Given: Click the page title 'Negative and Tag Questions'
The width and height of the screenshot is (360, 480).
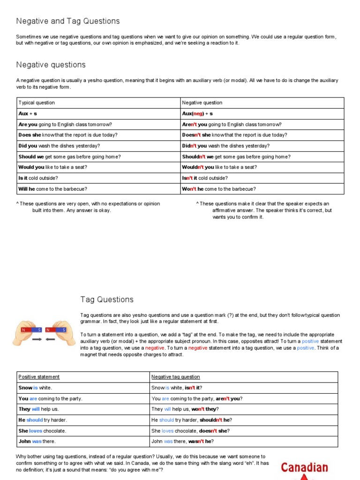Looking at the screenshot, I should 68,21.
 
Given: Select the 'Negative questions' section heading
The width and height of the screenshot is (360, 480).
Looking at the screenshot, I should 51,65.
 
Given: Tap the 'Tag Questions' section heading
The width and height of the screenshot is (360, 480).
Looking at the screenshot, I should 107,300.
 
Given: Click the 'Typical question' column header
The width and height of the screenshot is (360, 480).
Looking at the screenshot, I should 37,103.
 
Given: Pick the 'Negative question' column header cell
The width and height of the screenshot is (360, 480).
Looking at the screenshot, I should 202,103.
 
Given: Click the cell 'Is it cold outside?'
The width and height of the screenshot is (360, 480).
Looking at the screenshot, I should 42,178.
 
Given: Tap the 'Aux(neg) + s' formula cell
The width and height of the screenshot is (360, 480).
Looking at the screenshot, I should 197,113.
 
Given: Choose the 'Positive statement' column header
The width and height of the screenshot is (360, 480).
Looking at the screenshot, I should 39,377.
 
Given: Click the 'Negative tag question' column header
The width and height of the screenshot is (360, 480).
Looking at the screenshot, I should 175,377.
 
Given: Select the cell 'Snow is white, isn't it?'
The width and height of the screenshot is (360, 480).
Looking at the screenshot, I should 177,388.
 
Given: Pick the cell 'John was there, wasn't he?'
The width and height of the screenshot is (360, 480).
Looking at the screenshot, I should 183,442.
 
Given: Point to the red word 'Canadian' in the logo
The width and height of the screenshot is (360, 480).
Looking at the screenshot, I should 304,467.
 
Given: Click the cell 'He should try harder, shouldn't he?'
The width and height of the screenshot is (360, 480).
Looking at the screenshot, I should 192,420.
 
